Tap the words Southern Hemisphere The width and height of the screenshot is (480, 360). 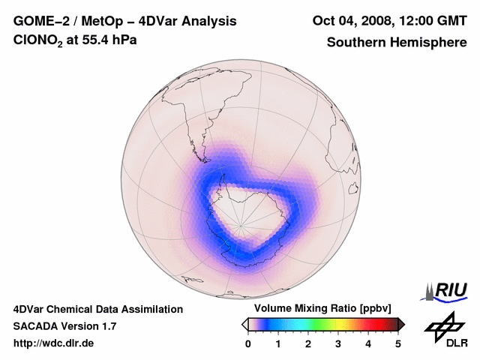(x=396, y=43)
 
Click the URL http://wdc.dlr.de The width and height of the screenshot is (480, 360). (x=54, y=343)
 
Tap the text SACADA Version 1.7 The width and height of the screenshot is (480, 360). (x=64, y=326)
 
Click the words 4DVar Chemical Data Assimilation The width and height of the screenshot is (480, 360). (x=97, y=309)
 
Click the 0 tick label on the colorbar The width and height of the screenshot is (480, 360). (x=248, y=343)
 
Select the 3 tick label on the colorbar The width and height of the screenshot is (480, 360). (x=338, y=343)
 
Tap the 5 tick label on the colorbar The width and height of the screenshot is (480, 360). (x=398, y=343)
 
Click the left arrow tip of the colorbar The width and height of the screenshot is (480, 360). (x=244, y=324)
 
